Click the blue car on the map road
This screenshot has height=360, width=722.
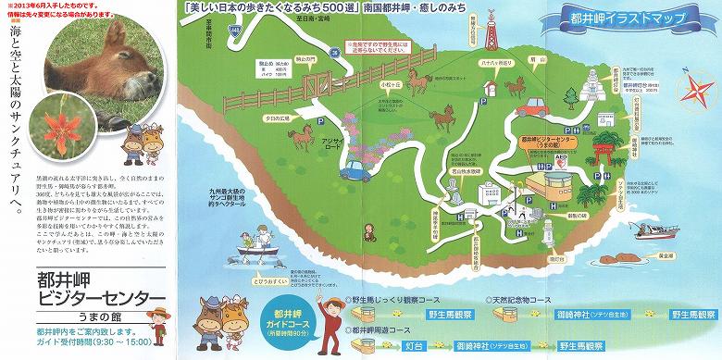(355, 169)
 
